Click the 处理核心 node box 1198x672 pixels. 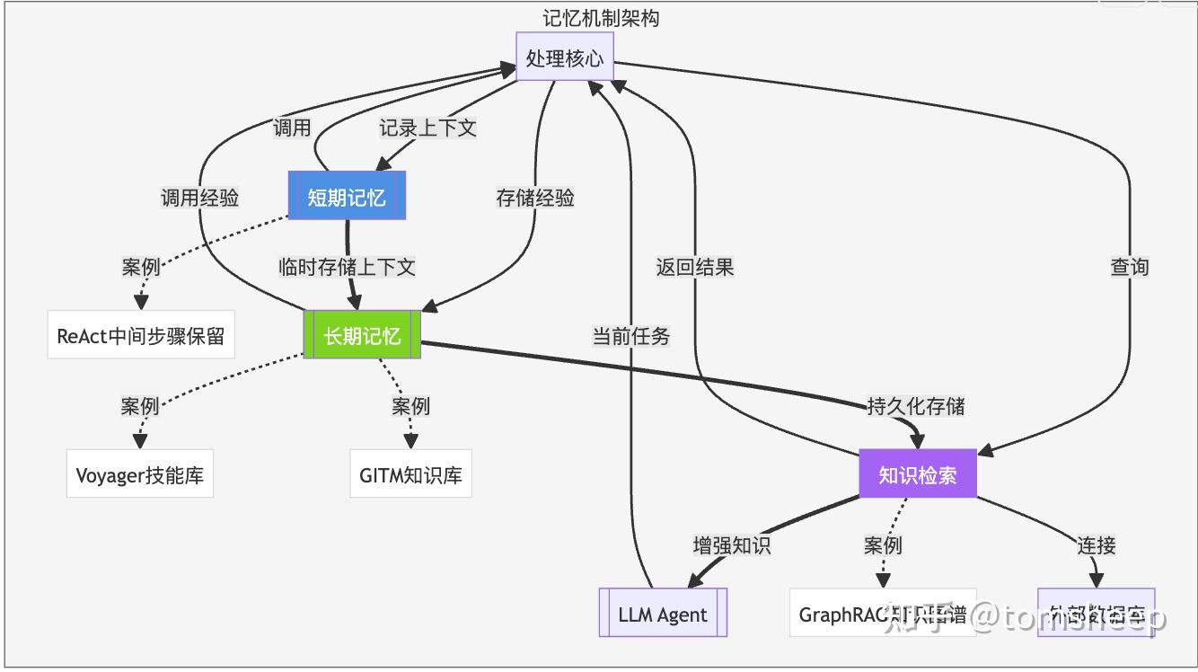coord(565,58)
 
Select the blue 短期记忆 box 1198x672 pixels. coord(347,197)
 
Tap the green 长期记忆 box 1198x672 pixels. coord(362,336)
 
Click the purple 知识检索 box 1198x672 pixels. coord(917,474)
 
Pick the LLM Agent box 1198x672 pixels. coord(663,615)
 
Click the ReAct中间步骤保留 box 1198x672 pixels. coord(141,336)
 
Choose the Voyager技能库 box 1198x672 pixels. coord(139,474)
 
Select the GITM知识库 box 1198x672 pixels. coord(410,474)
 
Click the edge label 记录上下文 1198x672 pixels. coord(427,128)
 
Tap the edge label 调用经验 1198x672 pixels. coord(199,198)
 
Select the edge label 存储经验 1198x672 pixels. coord(535,198)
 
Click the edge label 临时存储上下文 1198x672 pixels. coord(347,267)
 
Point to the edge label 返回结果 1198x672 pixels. coord(695,267)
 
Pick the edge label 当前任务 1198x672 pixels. coord(630,336)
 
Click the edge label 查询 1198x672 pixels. coord(1129,267)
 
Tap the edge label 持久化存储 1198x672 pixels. coord(915,405)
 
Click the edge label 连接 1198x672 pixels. coord(1096,544)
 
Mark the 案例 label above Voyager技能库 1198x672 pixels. coord(140,405)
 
